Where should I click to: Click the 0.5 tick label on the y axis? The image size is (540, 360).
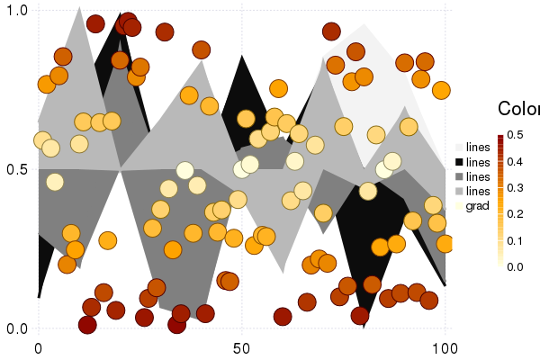point(18,169)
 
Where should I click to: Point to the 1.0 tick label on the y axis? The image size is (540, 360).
point(18,10)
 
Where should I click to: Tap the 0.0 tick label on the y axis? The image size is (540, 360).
point(18,328)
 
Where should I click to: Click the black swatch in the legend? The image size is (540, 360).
point(459,161)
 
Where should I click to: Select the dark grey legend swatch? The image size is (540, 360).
point(459,176)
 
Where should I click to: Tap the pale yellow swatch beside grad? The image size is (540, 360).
point(459,206)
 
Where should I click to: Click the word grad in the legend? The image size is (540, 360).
point(478,206)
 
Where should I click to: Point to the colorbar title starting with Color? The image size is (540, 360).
point(518,109)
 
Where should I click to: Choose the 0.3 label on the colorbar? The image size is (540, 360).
point(515,188)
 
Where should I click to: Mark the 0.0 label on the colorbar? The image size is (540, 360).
point(515,266)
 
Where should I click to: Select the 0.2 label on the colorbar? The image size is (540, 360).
point(515,214)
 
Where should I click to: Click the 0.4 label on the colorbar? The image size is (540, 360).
point(515,162)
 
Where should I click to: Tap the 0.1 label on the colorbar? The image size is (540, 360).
point(515,240)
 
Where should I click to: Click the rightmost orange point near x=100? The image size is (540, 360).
point(445,244)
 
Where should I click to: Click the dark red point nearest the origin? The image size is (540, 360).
point(87,325)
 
